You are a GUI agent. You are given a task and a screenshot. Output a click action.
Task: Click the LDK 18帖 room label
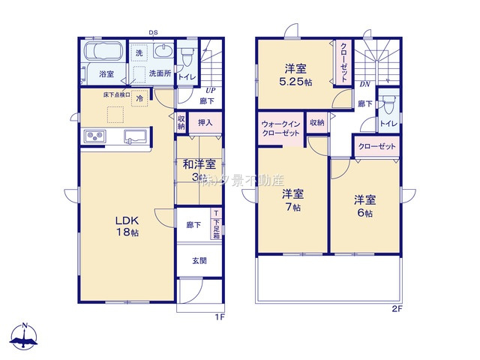coord(126,226)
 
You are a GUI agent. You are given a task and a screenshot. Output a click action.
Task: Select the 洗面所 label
coord(160,73)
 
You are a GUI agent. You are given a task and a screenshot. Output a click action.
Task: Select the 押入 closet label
coord(205,122)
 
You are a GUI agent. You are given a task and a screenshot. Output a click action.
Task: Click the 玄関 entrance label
coord(199,261)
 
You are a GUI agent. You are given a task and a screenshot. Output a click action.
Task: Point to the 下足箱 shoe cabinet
coord(216,224)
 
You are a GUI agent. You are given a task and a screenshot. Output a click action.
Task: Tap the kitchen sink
coord(135,136)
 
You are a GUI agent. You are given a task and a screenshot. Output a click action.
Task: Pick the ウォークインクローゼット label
coord(280,127)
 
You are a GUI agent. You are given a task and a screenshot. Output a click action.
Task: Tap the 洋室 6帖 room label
coord(365,206)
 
